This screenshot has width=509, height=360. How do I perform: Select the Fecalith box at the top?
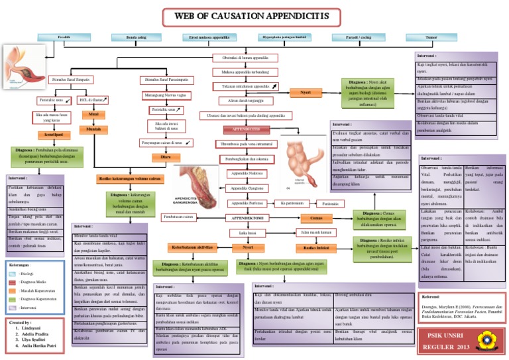(x=64, y=38)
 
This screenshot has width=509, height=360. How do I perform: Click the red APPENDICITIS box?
(x=247, y=129)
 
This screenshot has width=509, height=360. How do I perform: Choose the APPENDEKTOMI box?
(x=247, y=217)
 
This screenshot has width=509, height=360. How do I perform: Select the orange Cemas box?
(x=316, y=217)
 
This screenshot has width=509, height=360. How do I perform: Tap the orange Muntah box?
(x=93, y=129)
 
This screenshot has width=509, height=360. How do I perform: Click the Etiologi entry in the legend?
(x=28, y=273)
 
